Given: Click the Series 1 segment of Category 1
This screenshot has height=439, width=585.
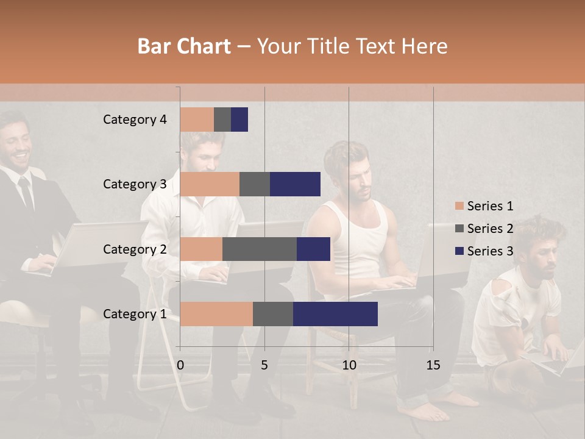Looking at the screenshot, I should [216, 314].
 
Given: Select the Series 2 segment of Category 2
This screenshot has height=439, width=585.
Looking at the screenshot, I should [260, 249].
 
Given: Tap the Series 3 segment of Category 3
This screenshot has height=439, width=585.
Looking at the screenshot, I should [295, 184].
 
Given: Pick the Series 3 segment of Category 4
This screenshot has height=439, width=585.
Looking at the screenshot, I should [239, 120].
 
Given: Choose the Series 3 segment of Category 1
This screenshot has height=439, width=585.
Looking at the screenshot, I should [335, 314].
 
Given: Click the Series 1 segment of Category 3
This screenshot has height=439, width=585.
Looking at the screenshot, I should [210, 184].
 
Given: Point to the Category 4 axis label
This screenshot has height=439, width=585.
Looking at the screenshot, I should [135, 120].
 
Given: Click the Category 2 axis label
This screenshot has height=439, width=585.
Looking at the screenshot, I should [135, 249].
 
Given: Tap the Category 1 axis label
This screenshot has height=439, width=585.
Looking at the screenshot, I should [135, 314].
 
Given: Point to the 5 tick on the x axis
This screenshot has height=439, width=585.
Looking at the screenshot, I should [264, 365].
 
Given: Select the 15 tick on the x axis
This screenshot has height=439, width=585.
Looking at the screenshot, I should [433, 365].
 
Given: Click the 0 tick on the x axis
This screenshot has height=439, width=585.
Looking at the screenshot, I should [180, 365].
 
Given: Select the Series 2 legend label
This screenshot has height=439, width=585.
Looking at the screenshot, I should [490, 229].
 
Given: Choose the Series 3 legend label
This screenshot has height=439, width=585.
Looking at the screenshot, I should [490, 251].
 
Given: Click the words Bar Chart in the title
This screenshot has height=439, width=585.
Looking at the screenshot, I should [184, 46].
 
